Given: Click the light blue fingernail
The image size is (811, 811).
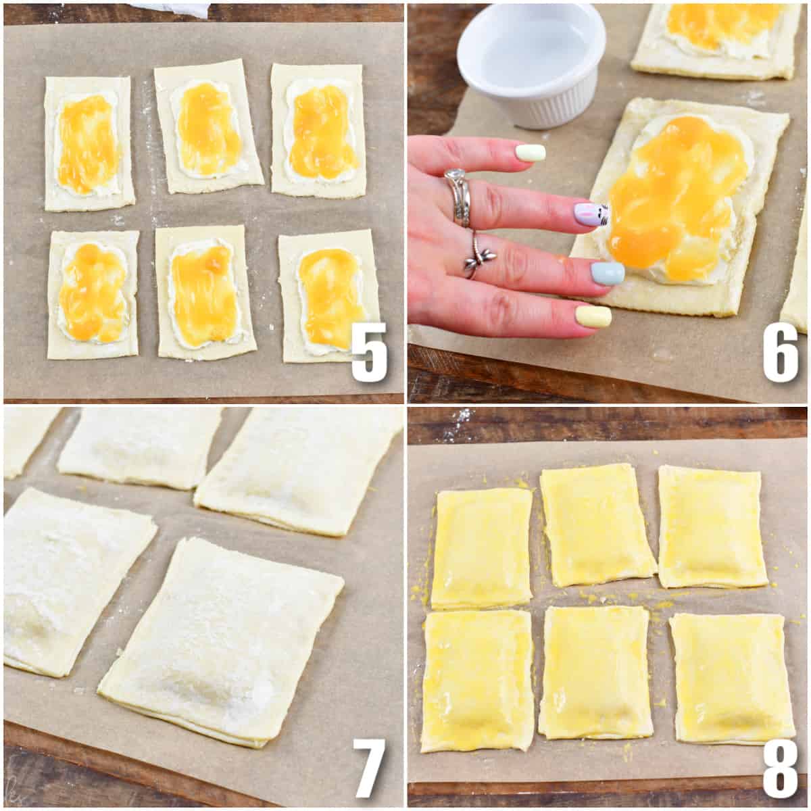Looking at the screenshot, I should (608, 273).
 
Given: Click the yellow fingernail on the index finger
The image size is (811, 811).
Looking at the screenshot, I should (530, 153).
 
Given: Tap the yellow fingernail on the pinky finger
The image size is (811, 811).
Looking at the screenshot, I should (593, 316).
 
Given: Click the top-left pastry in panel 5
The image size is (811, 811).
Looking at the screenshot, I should (89, 143).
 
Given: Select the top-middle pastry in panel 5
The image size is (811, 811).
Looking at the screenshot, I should (207, 126).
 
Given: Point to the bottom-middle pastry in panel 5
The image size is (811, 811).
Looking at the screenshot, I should (205, 293).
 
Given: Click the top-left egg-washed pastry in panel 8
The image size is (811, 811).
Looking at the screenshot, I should (481, 548).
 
